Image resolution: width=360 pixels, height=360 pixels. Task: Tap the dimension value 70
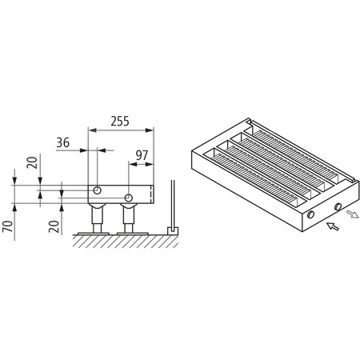[x=9, y=230]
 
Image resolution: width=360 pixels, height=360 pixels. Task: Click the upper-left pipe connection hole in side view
[x=97, y=190]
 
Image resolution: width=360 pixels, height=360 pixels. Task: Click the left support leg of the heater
[x=98, y=218]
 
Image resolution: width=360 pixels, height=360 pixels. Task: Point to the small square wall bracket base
[x=170, y=230]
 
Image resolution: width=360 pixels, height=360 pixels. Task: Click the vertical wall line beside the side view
[x=171, y=204]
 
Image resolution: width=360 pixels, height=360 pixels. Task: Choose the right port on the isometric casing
[x=338, y=207]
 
